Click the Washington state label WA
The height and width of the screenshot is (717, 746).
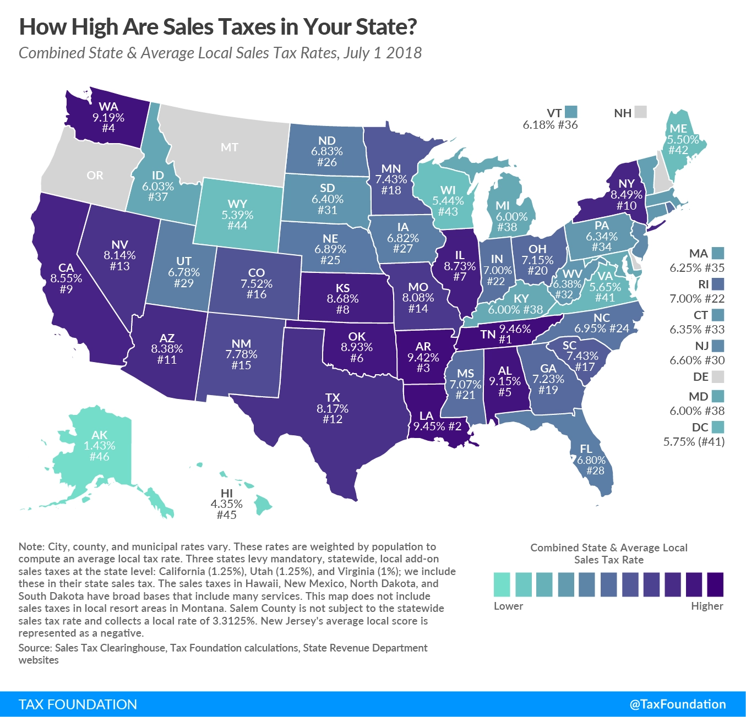[x=108, y=107]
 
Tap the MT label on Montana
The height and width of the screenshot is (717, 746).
[x=230, y=147]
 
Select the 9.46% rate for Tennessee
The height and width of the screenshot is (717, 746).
[x=515, y=329]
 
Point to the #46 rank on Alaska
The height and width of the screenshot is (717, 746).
[x=100, y=456]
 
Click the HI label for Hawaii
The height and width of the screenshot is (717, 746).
[x=226, y=493]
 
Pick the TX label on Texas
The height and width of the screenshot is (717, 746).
[x=333, y=397]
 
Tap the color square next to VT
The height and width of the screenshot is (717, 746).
[x=571, y=112]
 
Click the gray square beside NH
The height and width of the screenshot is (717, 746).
[x=640, y=112]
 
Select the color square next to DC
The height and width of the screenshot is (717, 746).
[x=717, y=427]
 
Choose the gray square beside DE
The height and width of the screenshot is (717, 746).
[x=717, y=377]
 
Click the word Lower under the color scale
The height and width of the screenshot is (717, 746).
[x=508, y=606]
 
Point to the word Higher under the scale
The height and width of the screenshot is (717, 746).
[x=707, y=606]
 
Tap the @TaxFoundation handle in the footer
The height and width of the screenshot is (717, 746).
[x=678, y=704]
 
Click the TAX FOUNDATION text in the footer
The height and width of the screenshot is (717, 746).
[x=78, y=704]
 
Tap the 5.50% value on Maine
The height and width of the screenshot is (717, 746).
[x=683, y=139]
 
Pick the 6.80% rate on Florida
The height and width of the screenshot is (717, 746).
[x=591, y=460]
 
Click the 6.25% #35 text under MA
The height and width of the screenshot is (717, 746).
[x=697, y=268]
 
